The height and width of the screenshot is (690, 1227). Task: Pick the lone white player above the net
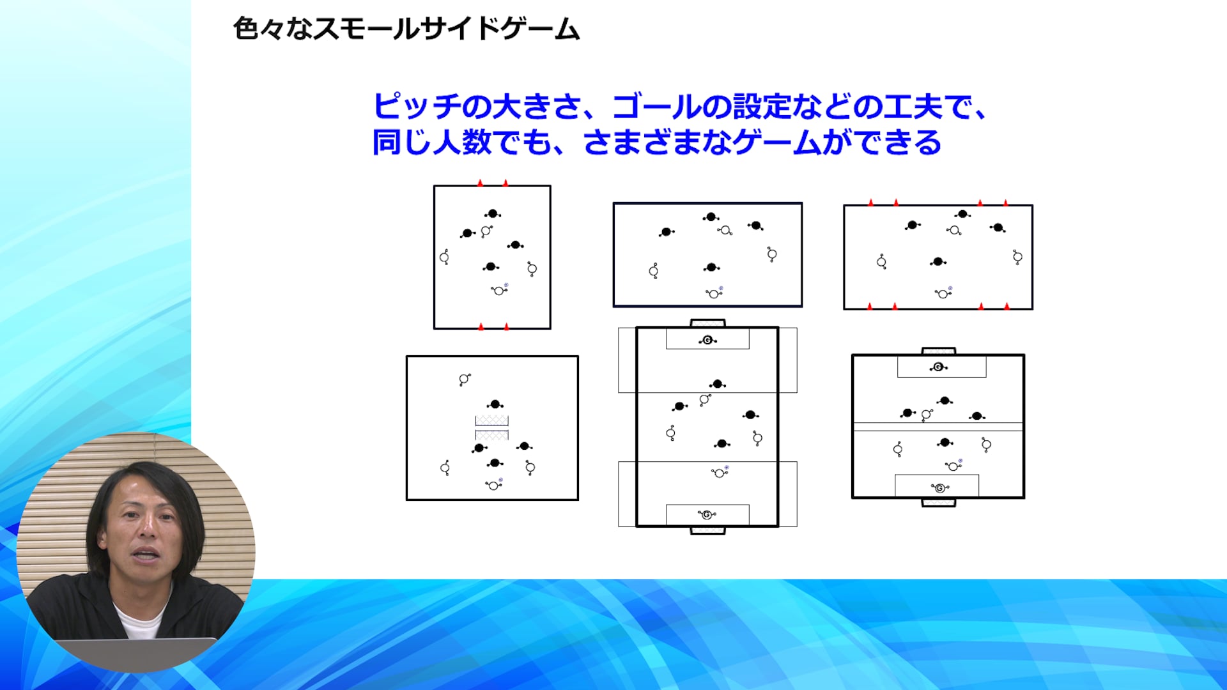(464, 379)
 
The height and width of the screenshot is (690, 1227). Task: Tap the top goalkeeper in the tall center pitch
(707, 341)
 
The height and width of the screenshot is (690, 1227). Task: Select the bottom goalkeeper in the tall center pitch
(707, 514)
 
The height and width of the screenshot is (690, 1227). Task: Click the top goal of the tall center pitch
(707, 323)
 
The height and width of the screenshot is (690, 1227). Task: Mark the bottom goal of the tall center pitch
(707, 530)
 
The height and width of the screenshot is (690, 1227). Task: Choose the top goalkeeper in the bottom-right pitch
(938, 367)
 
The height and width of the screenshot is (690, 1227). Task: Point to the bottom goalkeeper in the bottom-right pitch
(939, 488)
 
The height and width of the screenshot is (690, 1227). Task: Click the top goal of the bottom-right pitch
(939, 351)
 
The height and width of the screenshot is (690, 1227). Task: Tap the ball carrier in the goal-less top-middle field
(714, 293)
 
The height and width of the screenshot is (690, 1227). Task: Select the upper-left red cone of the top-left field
(480, 183)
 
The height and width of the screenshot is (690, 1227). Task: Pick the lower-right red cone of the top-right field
(1007, 307)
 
